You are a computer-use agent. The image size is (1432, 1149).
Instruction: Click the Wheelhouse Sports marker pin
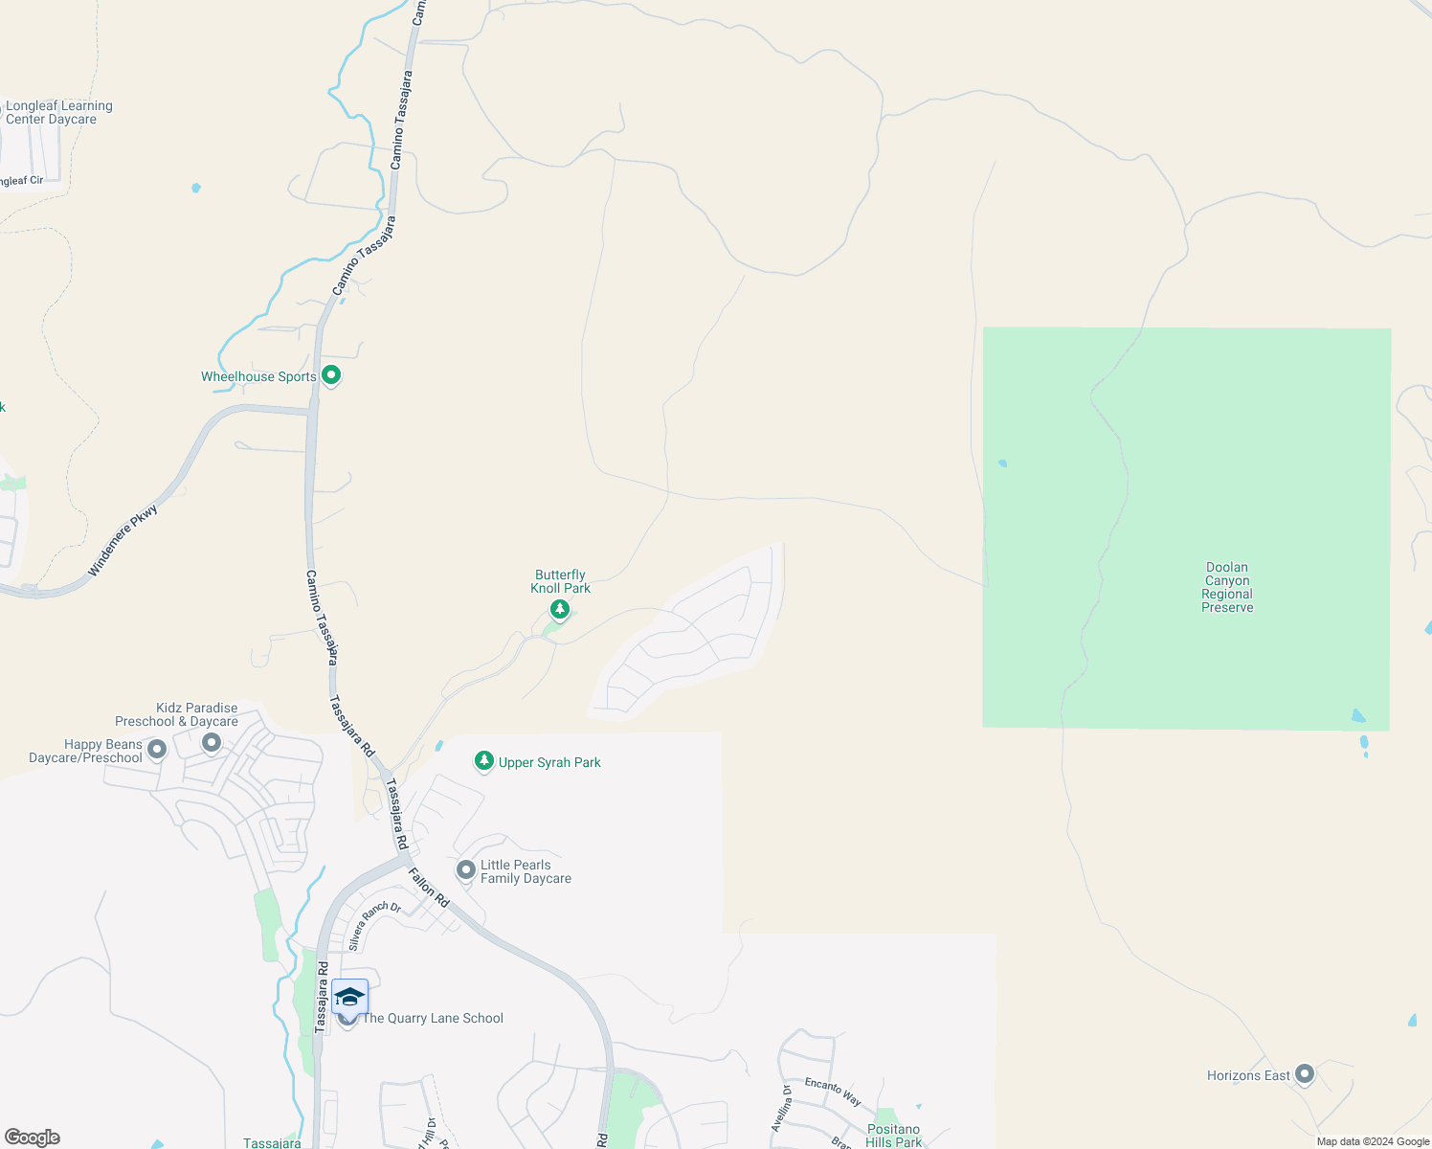pyautogui.click(x=331, y=375)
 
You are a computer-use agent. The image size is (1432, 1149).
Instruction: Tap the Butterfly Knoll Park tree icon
pyautogui.click(x=560, y=609)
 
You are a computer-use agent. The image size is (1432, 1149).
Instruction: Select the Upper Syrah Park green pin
pyautogui.click(x=484, y=761)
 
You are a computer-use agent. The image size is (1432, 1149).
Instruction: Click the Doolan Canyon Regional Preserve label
pyautogui.click(x=1227, y=587)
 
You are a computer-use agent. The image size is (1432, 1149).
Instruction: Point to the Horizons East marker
pyautogui.click(x=1304, y=1074)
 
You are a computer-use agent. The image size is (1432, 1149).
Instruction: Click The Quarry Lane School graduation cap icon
pyautogui.click(x=349, y=998)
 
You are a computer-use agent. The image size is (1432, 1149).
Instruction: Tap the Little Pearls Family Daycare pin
pyautogui.click(x=466, y=869)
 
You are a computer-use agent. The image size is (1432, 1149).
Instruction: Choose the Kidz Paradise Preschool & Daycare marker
pyautogui.click(x=212, y=742)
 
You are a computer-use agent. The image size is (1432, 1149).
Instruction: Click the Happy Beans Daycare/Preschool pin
pyautogui.click(x=157, y=750)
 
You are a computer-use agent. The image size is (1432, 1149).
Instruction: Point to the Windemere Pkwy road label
pyautogui.click(x=123, y=541)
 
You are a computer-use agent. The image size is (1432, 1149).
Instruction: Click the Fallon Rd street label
pyautogui.click(x=429, y=888)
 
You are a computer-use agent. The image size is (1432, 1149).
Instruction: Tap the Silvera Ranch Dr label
pyautogui.click(x=374, y=926)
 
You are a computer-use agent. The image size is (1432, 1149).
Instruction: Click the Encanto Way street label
pyautogui.click(x=833, y=1092)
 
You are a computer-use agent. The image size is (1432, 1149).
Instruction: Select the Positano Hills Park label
pyautogui.click(x=893, y=1136)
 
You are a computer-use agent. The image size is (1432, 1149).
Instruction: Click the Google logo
pyautogui.click(x=32, y=1138)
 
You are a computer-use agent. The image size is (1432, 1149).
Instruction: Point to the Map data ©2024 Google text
pyautogui.click(x=1373, y=1141)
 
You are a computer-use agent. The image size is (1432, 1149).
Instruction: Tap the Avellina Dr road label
pyautogui.click(x=781, y=1109)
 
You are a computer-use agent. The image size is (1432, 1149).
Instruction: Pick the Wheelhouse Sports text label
pyautogui.click(x=258, y=376)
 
